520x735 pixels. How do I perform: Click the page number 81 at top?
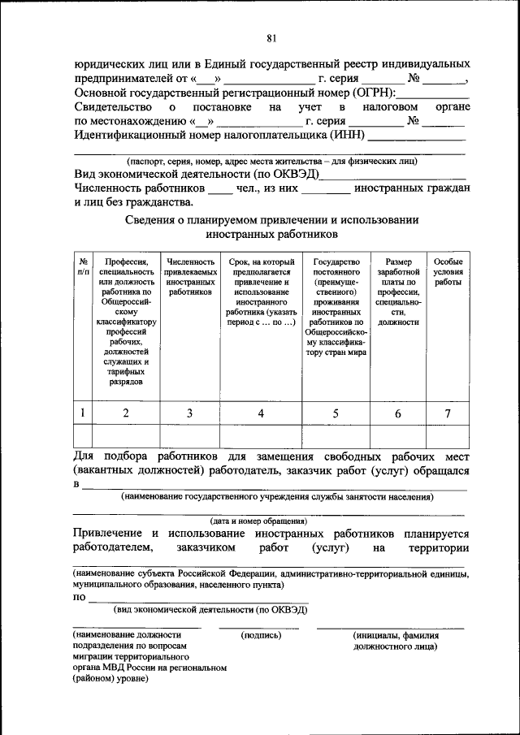[x=271, y=37]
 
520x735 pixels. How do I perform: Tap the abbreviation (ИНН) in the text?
[x=348, y=135]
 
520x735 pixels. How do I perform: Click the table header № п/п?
[x=83, y=267]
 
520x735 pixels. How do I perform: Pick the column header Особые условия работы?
[x=448, y=272]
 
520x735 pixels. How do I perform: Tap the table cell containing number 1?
[x=83, y=413]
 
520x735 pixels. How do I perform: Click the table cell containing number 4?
[x=261, y=413]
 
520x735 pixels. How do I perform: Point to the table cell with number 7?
[x=448, y=413]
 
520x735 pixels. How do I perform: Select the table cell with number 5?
[x=336, y=413]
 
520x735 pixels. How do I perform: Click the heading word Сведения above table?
[x=157, y=219]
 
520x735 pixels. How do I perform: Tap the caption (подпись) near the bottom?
[x=261, y=634]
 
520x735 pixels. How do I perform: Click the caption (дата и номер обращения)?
[x=258, y=521]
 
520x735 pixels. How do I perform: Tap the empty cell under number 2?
[x=126, y=436]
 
